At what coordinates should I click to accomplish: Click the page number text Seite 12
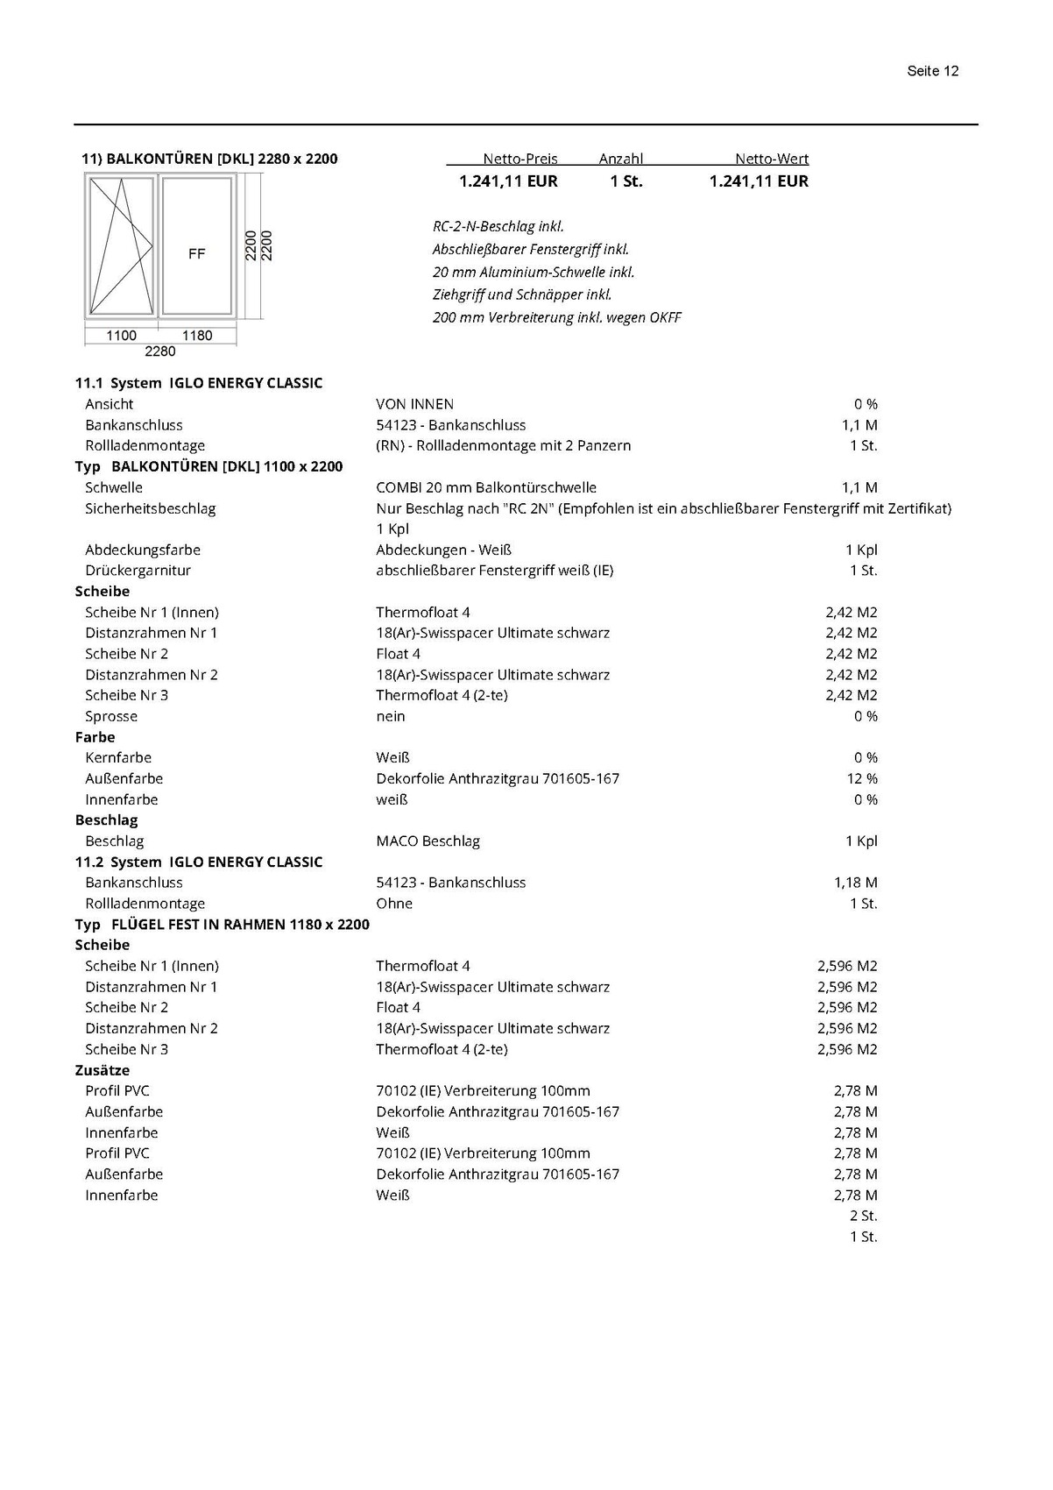click(932, 71)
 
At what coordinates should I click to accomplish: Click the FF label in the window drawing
click(196, 253)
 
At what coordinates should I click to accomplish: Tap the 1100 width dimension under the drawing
click(121, 335)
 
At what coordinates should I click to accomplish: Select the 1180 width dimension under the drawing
click(197, 335)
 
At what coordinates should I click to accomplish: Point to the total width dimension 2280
click(159, 351)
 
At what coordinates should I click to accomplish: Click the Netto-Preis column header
click(519, 159)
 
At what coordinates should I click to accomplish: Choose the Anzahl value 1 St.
click(625, 181)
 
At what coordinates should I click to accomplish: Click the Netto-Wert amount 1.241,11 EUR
click(759, 181)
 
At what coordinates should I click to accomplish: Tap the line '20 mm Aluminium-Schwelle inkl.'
click(533, 272)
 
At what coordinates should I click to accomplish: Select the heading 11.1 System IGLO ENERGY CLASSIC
click(199, 383)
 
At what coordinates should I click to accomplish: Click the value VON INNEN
click(414, 404)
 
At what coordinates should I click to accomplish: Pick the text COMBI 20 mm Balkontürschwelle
click(486, 487)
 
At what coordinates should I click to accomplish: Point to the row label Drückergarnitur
click(138, 571)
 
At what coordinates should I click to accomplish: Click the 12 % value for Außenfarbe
click(862, 778)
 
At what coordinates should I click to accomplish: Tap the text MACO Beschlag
click(428, 841)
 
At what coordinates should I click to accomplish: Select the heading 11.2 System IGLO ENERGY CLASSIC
click(199, 862)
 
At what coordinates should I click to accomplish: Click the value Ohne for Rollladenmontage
click(393, 904)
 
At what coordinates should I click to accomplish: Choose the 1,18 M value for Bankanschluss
click(855, 883)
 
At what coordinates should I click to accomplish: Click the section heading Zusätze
click(102, 1070)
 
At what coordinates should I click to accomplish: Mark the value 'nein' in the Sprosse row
click(391, 716)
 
